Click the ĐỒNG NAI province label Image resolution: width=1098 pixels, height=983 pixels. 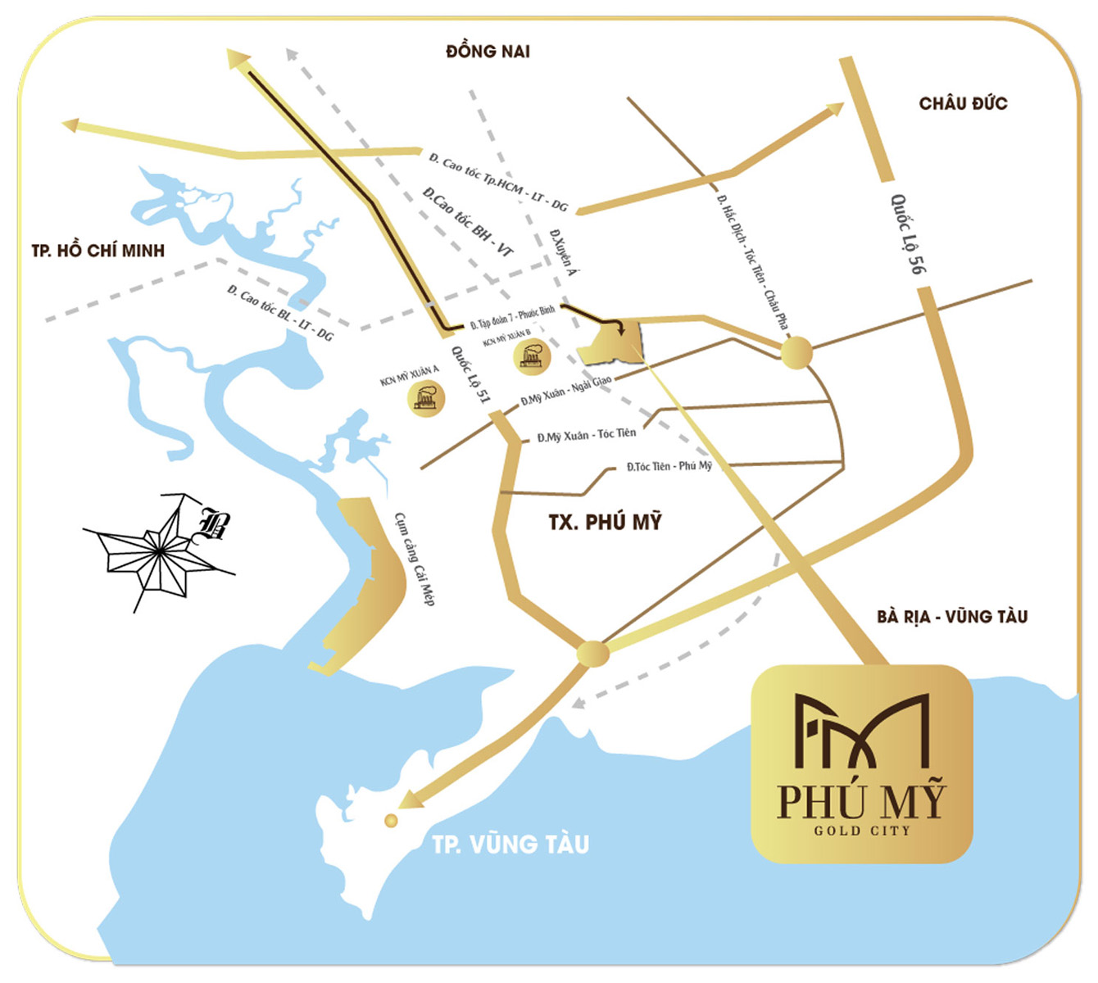(488, 52)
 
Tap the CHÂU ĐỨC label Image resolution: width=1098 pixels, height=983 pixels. (963, 103)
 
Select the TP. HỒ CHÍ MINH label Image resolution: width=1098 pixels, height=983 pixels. (98, 251)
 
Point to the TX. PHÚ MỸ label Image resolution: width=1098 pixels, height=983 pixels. (605, 522)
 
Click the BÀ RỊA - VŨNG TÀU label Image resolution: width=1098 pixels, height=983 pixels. (952, 616)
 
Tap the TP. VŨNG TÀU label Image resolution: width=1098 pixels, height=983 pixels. (510, 844)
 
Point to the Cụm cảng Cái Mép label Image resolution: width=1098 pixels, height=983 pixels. (415, 559)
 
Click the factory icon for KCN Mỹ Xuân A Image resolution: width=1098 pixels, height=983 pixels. (425, 398)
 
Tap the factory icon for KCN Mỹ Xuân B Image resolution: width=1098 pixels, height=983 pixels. (532, 356)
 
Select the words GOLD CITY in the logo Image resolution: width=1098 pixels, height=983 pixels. (861, 831)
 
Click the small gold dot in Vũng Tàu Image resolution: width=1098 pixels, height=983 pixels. (391, 820)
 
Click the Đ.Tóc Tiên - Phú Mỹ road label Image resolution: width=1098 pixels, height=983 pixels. (669, 466)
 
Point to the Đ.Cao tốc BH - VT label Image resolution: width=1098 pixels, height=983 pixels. (467, 222)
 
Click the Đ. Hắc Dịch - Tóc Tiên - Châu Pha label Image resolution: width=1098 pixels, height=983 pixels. (752, 262)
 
